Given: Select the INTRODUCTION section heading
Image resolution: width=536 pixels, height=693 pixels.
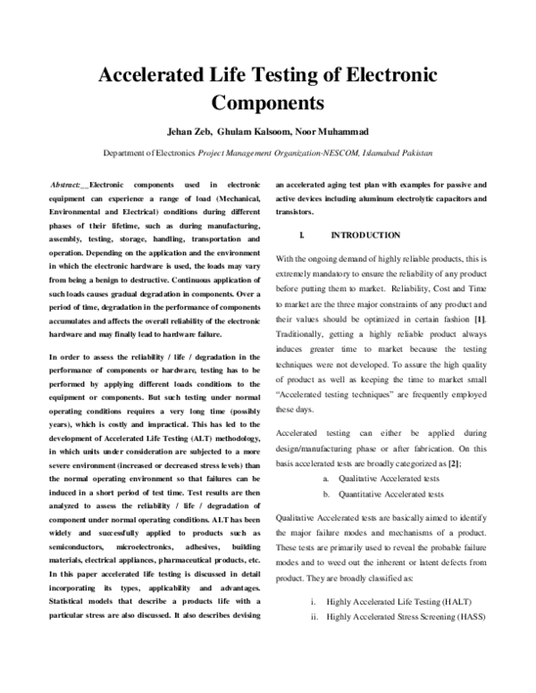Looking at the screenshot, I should pyautogui.click(x=365, y=235).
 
